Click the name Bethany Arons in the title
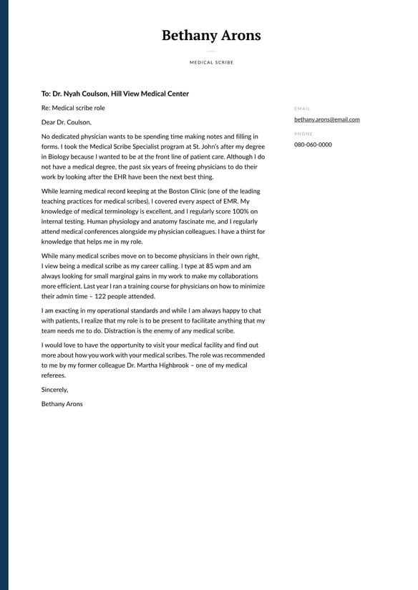(x=211, y=36)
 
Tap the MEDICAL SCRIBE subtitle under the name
(x=211, y=63)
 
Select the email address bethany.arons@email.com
(x=326, y=119)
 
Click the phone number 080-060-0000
(x=313, y=144)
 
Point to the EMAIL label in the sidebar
(x=302, y=109)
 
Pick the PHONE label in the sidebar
(x=303, y=134)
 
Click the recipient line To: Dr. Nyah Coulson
(x=115, y=94)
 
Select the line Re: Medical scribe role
(x=73, y=108)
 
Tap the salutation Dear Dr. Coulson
(x=67, y=122)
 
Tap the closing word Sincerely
(x=54, y=390)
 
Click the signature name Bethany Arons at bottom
(x=62, y=404)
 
